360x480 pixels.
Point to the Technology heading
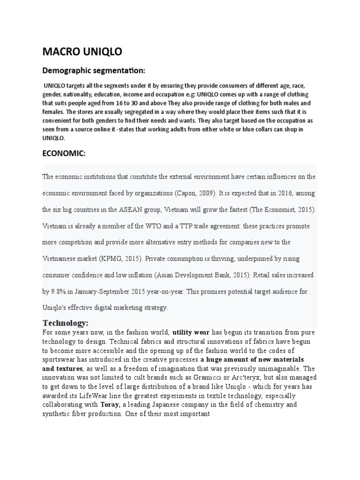65,323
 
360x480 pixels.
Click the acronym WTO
165,225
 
